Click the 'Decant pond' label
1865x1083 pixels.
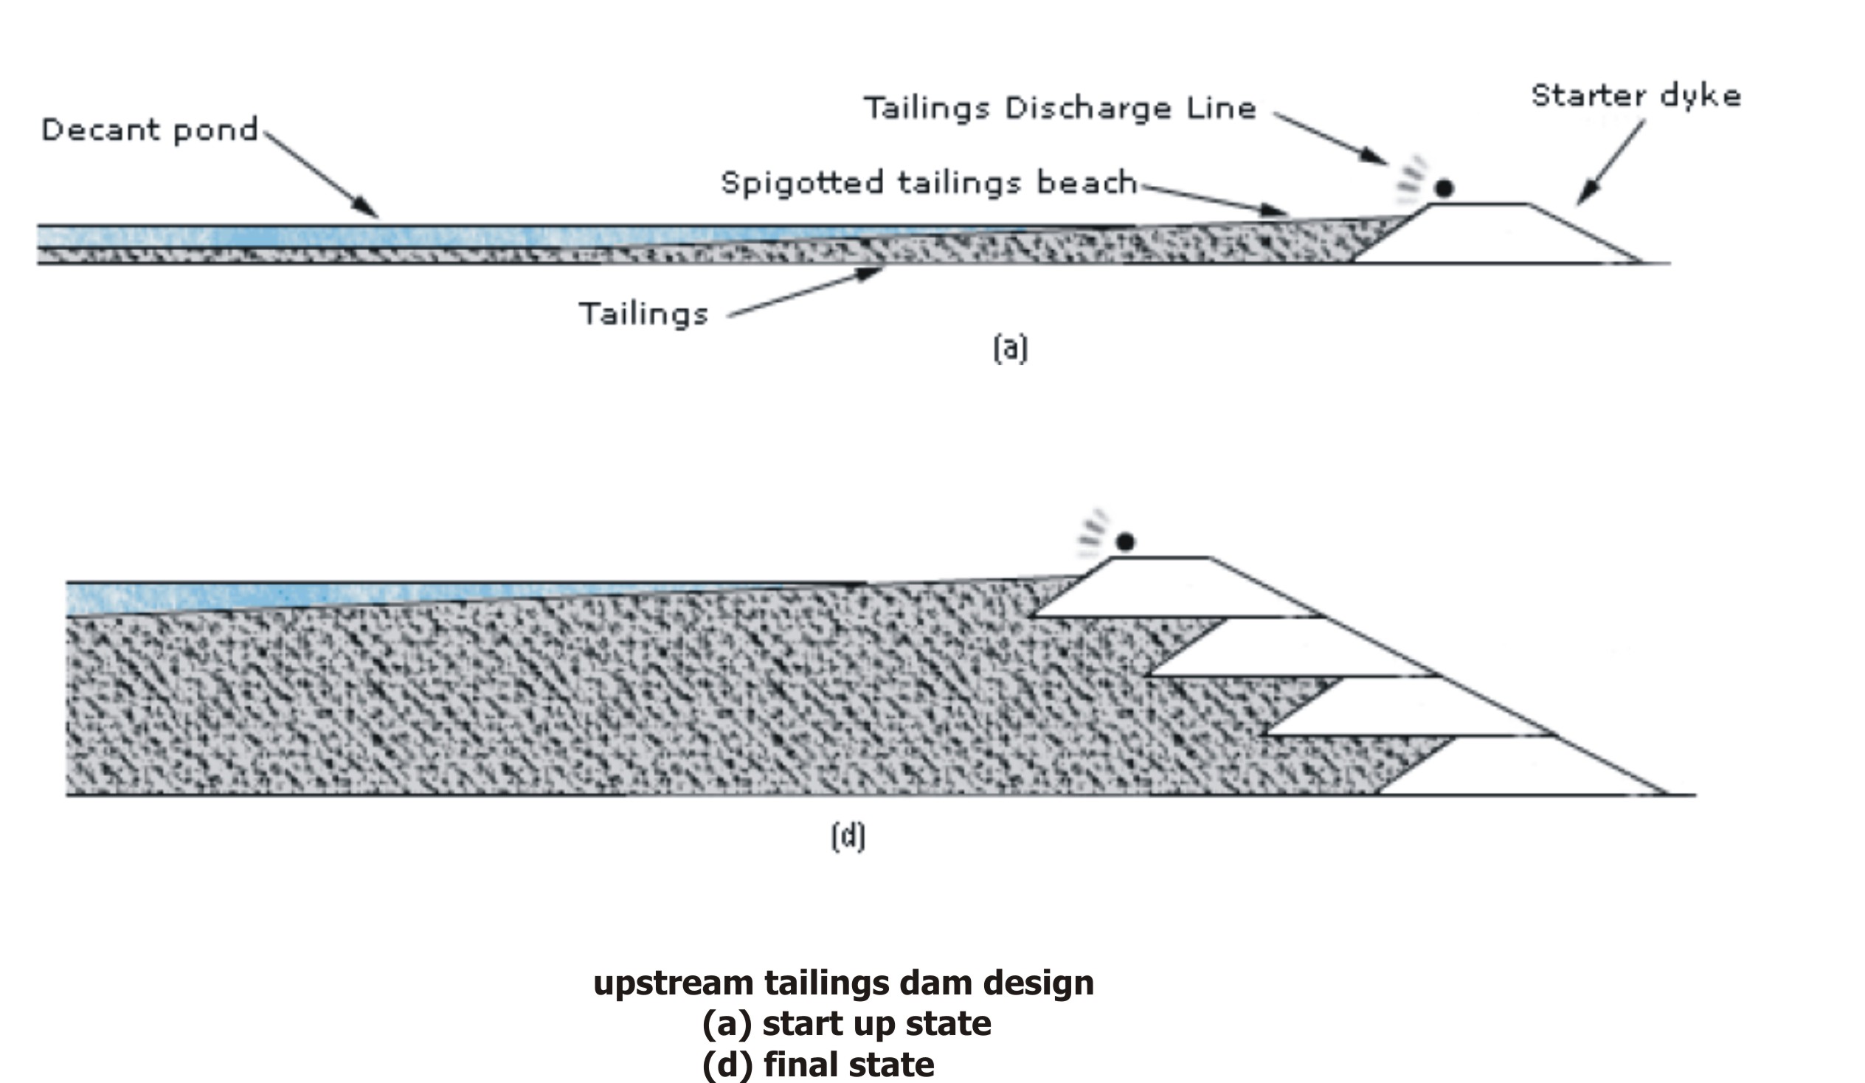150,131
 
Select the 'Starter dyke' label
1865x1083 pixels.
1636,96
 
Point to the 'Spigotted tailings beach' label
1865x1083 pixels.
929,183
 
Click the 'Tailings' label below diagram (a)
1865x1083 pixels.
644,314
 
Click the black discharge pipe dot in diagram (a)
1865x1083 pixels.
1444,189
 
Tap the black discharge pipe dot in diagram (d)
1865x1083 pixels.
1125,542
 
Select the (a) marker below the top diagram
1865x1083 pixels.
1010,349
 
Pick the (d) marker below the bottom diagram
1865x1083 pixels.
848,837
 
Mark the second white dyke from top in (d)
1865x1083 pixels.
1292,647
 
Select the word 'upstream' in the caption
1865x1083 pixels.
674,984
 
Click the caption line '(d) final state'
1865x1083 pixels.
818,1065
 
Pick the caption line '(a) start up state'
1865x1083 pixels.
847,1025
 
